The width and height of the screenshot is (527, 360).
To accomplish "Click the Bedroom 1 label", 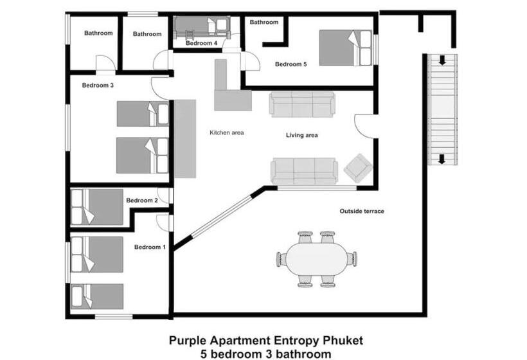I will pos(150,247).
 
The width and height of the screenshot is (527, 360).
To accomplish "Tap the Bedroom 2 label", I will pos(141,201).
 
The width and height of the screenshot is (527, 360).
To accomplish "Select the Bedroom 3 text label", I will pos(98,85).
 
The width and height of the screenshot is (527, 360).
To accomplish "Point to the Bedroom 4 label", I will pos(202,44).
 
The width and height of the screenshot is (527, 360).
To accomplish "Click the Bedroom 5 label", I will pos(291,64).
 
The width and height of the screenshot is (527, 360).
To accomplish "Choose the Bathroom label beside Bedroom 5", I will pos(264,22).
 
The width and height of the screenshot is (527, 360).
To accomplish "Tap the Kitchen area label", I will pos(227,133).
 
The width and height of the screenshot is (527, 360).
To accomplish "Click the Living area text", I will pos(302,136).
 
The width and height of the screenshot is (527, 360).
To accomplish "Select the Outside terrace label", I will pos(362,211).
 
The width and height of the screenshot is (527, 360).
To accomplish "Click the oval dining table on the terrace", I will pos(316,259).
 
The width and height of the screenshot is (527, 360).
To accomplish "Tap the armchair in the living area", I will pos(357,168).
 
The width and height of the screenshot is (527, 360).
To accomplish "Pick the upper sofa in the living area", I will pos(302,104).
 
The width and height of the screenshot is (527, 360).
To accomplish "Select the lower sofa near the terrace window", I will pos(303,171).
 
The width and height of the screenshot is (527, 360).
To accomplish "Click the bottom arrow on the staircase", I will pos(443,159).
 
